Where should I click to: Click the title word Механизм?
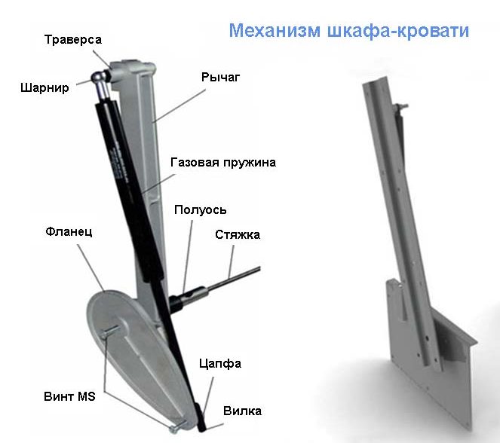click(x=275, y=31)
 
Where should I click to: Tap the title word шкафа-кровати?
click(x=398, y=31)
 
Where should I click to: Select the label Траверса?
click(x=73, y=39)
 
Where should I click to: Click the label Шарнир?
click(x=44, y=87)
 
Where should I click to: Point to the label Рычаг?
click(x=220, y=77)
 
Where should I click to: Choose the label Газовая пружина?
click(x=223, y=162)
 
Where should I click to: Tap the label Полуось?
click(x=201, y=210)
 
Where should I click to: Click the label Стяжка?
click(x=238, y=235)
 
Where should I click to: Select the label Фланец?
click(x=69, y=231)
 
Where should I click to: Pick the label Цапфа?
click(x=220, y=364)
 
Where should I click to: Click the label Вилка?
click(x=242, y=411)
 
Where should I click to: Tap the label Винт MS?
click(x=69, y=396)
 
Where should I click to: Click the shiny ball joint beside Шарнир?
click(x=99, y=78)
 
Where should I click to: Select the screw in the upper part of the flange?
click(x=111, y=331)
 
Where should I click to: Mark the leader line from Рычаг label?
click(x=179, y=105)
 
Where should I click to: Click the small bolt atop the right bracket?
click(x=401, y=106)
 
